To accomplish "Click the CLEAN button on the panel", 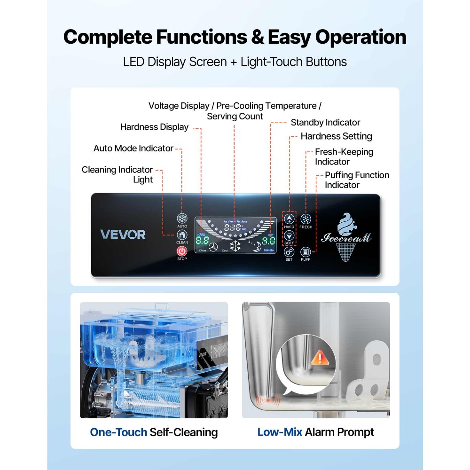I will click(x=182, y=235).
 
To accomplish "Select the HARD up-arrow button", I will click(x=289, y=219).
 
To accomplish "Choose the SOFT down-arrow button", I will click(x=289, y=235).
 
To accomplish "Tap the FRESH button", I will click(x=305, y=219).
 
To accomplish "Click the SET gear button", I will click(x=289, y=252).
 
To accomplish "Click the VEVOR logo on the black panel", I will click(x=123, y=235).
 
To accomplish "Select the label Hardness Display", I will click(x=154, y=127).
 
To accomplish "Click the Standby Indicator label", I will click(x=325, y=123).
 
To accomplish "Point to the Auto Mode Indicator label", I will click(x=133, y=149).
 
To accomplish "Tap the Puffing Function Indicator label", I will click(x=357, y=180).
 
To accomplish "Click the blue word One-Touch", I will click(x=118, y=432).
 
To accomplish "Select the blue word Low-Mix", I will click(x=280, y=432).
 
